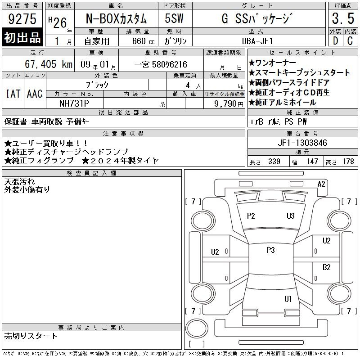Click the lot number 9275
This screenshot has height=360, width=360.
(x=22, y=19)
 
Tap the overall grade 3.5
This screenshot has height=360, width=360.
(x=343, y=18)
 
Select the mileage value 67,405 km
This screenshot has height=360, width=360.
(x=49, y=64)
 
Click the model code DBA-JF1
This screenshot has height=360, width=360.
(x=257, y=41)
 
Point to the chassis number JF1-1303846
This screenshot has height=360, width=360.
(x=302, y=143)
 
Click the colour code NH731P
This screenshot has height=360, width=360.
(x=74, y=103)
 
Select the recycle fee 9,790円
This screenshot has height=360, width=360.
(x=229, y=104)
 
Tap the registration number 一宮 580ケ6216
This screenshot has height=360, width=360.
(x=161, y=64)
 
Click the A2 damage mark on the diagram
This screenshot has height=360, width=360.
(x=321, y=184)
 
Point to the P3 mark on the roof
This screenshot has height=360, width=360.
(x=271, y=250)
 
